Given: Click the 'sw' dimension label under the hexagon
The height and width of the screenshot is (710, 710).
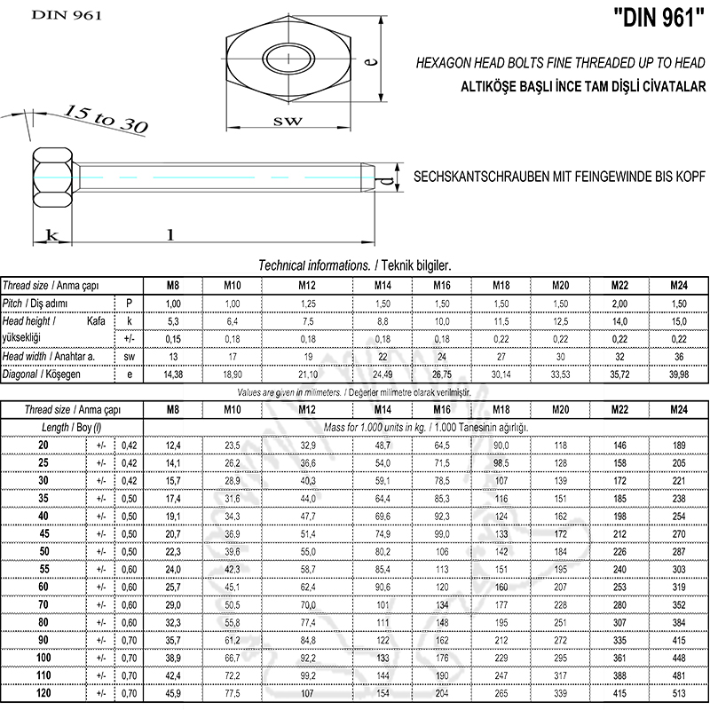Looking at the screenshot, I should pyautogui.click(x=287, y=120).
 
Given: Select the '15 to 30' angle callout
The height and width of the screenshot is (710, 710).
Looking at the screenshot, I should pyautogui.click(x=105, y=117).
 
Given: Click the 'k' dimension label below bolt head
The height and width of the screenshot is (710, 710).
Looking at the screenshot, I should pyautogui.click(x=52, y=235).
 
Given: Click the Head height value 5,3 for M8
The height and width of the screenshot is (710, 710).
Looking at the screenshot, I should pyautogui.click(x=174, y=320).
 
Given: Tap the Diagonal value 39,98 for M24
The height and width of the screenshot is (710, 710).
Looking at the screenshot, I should pyautogui.click(x=678, y=375).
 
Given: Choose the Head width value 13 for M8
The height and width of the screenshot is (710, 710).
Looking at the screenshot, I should pyautogui.click(x=174, y=356).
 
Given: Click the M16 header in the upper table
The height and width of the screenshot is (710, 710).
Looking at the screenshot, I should pyautogui.click(x=442, y=286).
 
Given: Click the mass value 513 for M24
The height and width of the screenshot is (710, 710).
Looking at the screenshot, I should pyautogui.click(x=678, y=693).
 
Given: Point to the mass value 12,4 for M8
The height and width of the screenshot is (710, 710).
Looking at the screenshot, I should pyautogui.click(x=174, y=445).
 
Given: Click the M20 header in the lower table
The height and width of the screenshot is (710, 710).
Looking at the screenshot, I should pyautogui.click(x=560, y=410).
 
